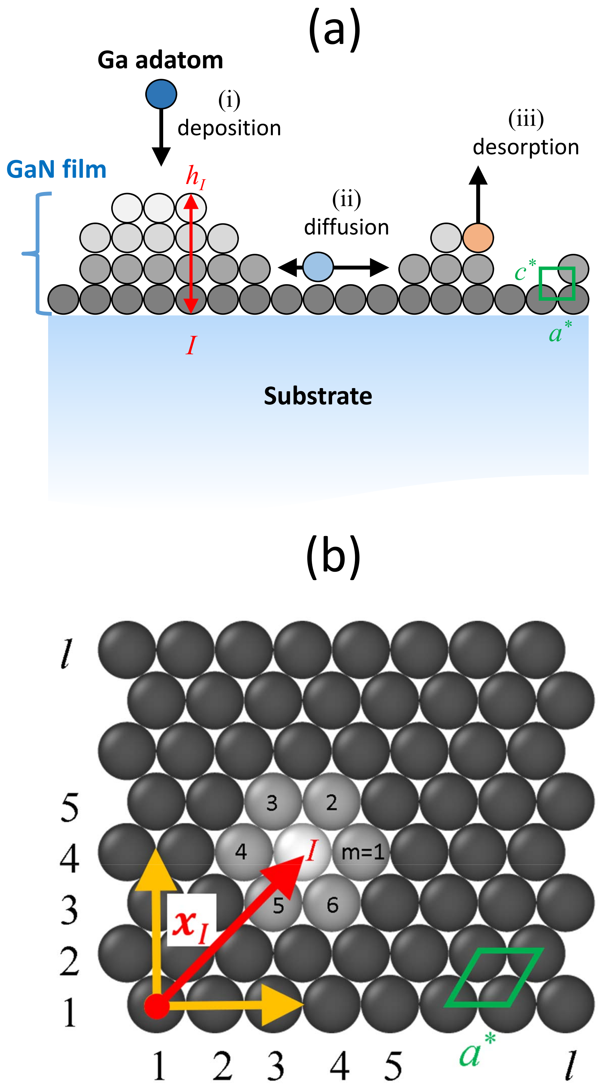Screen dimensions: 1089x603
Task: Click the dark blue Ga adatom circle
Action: point(161,94)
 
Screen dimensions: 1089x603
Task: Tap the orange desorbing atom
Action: point(478,238)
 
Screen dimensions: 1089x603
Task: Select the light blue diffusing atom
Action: point(318,267)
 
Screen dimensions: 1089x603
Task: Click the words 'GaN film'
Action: point(56,170)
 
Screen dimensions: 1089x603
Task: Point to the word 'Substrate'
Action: point(318,396)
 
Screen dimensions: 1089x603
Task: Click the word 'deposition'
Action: point(229,128)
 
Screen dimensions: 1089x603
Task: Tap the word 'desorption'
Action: point(526,147)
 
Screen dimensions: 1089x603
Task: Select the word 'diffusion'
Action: point(346,227)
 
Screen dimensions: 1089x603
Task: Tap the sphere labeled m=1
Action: point(362,852)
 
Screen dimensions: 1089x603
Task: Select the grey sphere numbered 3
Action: point(272,802)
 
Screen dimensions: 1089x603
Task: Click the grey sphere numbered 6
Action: point(332,905)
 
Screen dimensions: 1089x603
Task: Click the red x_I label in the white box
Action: point(191,924)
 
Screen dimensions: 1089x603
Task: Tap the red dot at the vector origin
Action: point(157,1006)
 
